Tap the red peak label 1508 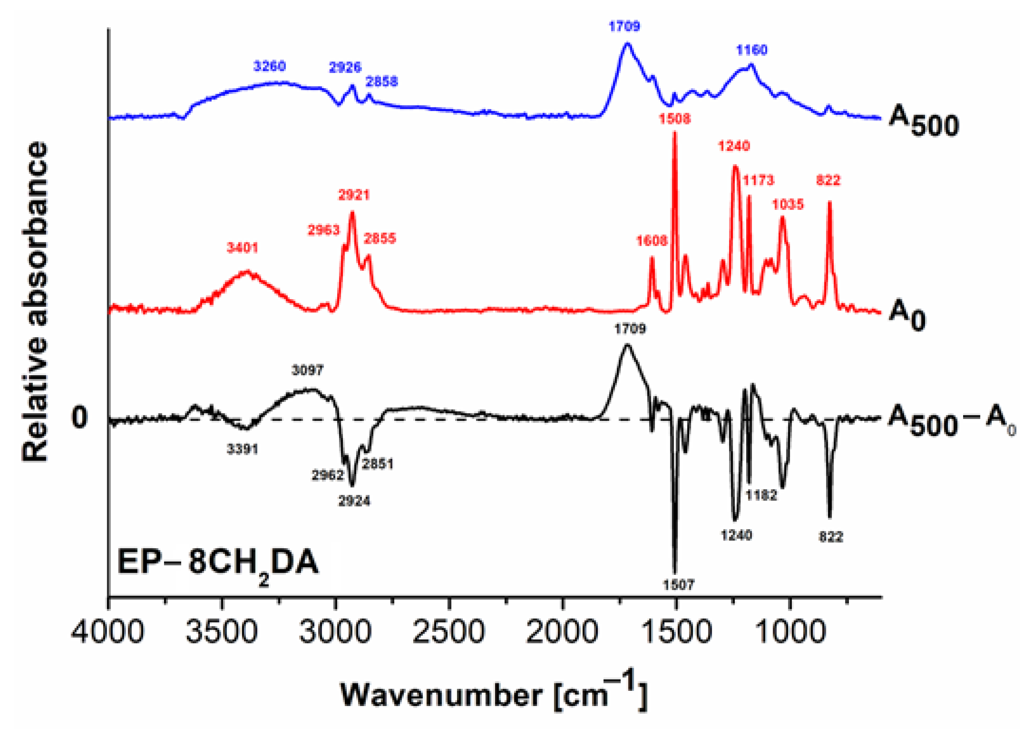pos(674,119)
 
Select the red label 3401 pos(242,248)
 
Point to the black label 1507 pos(678,585)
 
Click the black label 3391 pos(242,449)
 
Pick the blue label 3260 pos(269,66)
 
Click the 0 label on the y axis pos(79,418)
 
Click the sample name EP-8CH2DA pos(218,564)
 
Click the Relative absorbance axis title pos(35,302)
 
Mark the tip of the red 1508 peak pos(674,132)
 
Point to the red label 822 pos(828,181)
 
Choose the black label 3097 pos(307,370)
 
